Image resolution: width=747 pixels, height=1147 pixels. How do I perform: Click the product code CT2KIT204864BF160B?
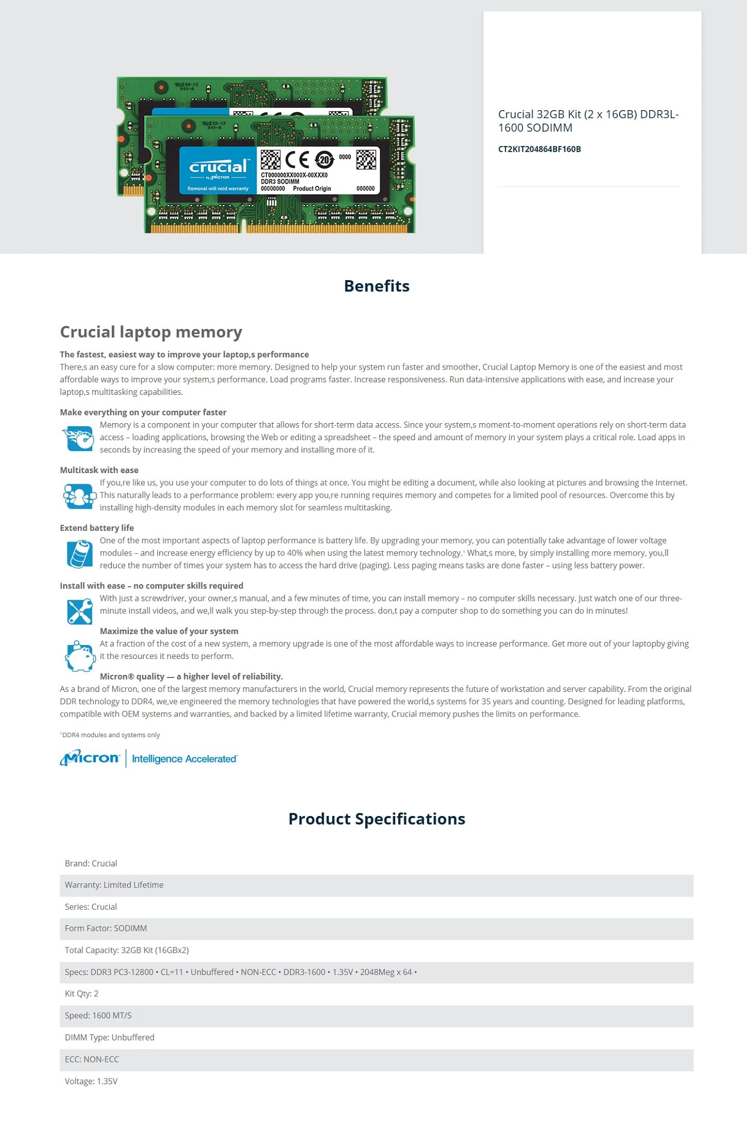pos(539,149)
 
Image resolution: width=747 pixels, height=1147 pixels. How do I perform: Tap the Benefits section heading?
pos(377,286)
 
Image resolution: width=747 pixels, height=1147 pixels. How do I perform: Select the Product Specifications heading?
pos(377,819)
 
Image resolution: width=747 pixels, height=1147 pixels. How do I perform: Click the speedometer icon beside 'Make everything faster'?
pos(79,438)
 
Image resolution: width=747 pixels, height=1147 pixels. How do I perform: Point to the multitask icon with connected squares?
pos(79,496)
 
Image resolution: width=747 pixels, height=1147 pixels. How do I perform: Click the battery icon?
pos(79,553)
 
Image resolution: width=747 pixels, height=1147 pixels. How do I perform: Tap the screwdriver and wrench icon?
pos(79,611)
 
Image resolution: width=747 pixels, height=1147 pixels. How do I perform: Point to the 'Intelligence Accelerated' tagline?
pos(184,759)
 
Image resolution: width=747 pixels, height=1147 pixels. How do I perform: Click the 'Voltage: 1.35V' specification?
pos(91,1081)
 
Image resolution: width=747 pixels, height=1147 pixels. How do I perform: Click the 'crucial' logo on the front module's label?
pos(218,167)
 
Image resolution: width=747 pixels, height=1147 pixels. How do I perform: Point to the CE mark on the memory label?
pos(297,160)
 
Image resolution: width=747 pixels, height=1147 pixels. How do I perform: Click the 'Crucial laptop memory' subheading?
pos(151,332)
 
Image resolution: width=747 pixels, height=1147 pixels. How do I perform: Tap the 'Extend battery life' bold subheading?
pos(97,528)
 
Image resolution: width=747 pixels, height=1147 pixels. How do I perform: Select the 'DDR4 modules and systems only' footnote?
pos(110,735)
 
